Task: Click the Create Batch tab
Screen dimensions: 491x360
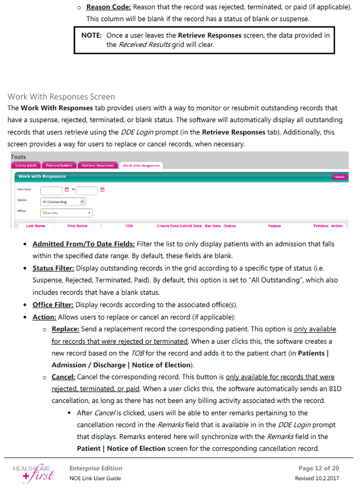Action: [26, 165]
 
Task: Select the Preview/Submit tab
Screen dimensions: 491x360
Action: [59, 165]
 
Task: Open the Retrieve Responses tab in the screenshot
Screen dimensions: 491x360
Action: [97, 165]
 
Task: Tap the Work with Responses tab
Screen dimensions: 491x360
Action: [141, 165]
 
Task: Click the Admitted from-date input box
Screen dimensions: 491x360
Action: [52, 190]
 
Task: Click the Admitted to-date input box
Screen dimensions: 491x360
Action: [87, 190]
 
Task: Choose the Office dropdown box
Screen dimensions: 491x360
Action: [66, 212]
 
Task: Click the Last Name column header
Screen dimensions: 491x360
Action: [36, 226]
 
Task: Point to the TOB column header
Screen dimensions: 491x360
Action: [129, 226]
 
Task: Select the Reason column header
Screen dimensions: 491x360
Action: [275, 226]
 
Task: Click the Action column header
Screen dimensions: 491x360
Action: [337, 226]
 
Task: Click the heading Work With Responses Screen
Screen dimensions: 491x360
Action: [61, 97]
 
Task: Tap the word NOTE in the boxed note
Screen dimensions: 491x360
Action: [92, 35]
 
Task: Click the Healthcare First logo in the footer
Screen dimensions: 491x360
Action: [35, 472]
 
